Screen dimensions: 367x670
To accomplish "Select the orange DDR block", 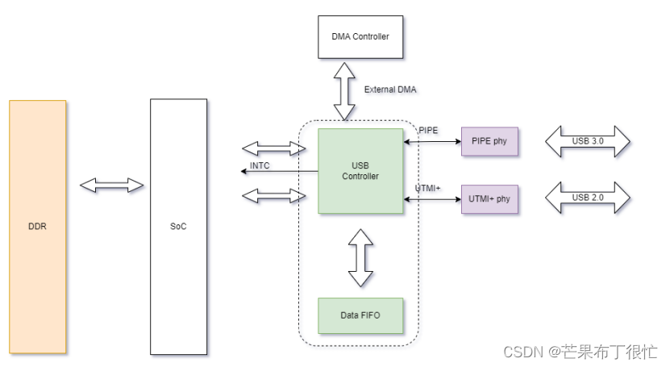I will [x=37, y=227].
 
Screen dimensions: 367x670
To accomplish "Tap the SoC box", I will [x=178, y=227].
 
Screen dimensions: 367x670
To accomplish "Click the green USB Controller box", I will [x=360, y=171].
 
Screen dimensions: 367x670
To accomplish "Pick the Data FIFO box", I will [x=360, y=315].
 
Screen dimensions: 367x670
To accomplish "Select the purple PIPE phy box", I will [x=489, y=142].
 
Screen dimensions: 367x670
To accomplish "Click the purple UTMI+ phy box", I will [x=489, y=198].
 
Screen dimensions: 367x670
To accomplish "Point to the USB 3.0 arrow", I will [x=587, y=142].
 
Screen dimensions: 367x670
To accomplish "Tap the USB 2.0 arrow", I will [x=587, y=198].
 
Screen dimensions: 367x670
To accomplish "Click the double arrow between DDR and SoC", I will [x=112, y=186].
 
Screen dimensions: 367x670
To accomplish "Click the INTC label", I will [x=260, y=166].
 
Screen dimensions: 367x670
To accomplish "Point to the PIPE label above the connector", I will [x=428, y=130].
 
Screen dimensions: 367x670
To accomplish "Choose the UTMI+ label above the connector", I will [x=428, y=188].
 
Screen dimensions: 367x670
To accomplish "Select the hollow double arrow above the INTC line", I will [x=274, y=148].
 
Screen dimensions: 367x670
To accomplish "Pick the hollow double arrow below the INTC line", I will [x=274, y=195].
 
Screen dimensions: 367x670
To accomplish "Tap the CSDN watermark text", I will [x=581, y=352].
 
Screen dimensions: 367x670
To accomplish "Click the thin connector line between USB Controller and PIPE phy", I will [x=432, y=142].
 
